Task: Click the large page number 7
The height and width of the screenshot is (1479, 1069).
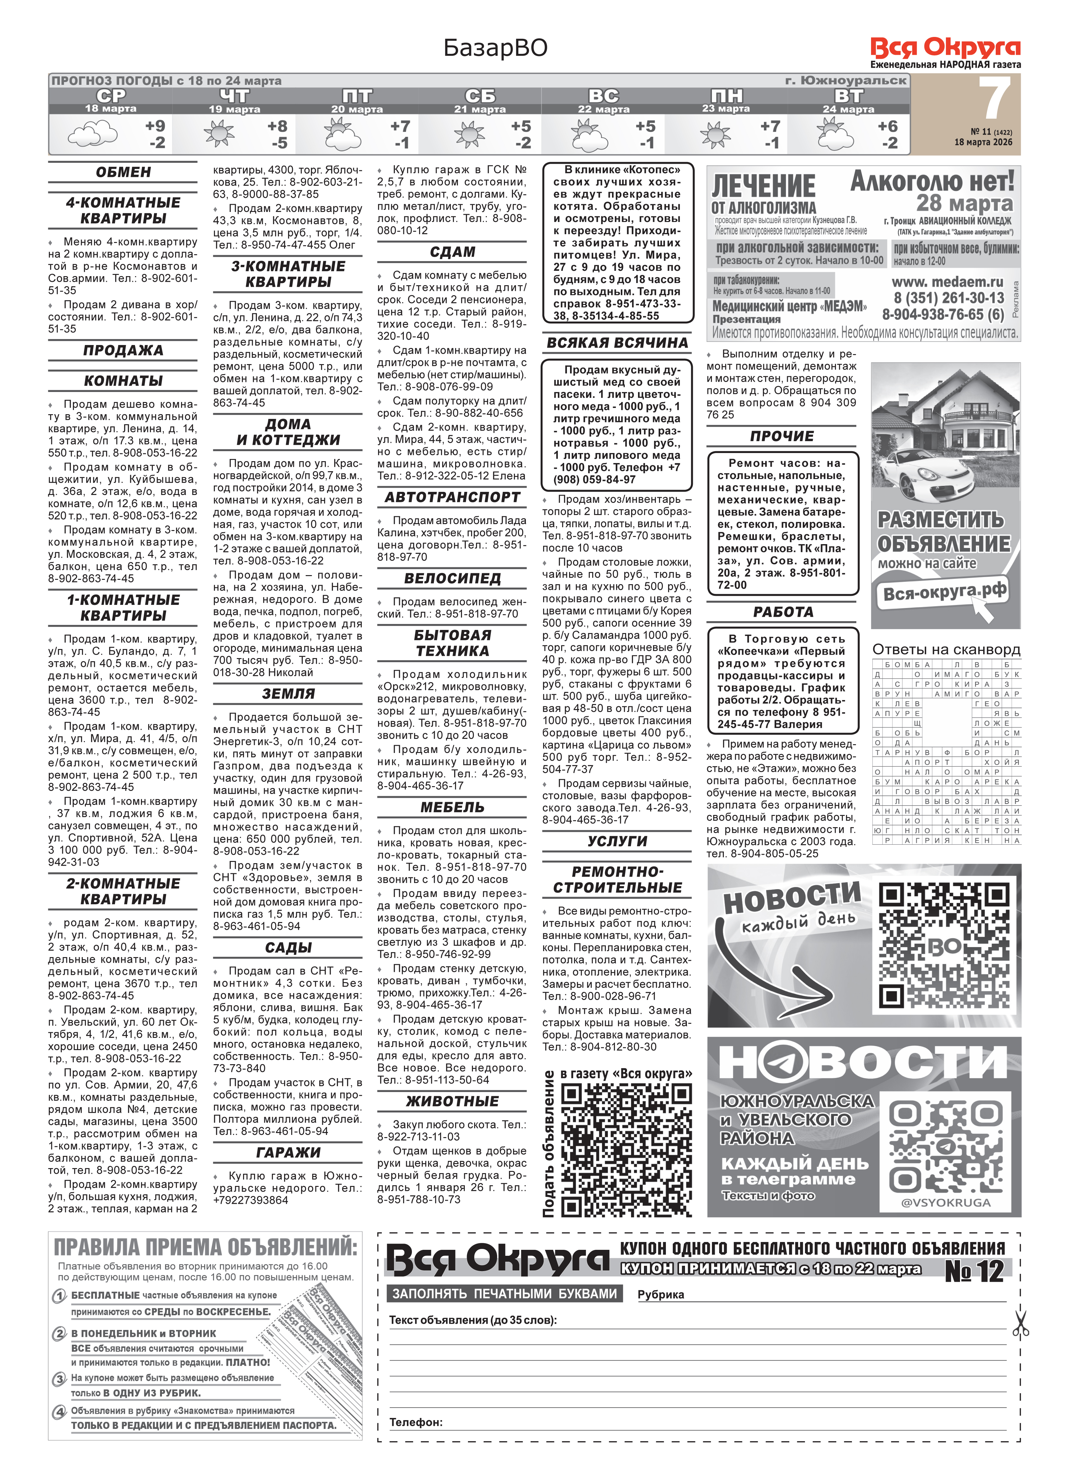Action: pos(995,100)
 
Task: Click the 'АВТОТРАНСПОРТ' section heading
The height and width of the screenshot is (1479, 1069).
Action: pos(452,497)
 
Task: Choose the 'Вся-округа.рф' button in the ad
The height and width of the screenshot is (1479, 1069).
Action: pos(944,592)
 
